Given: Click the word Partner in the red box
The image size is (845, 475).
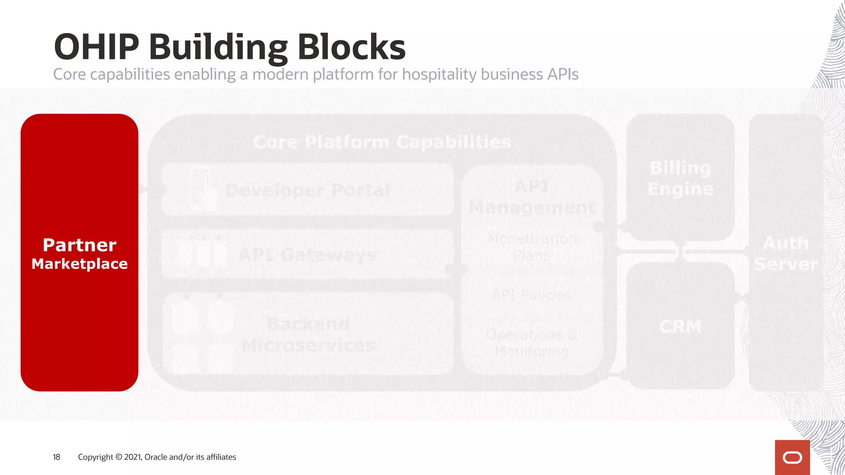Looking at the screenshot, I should pos(80,245).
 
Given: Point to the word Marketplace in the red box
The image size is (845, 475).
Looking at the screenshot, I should pos(80,264).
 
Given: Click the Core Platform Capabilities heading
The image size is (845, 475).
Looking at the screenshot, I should pos(382,142).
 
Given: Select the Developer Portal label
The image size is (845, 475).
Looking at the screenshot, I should pos(307,190).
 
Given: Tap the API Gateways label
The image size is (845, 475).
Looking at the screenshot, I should pos(307,255).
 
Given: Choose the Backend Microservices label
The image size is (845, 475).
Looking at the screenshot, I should pos(308,334).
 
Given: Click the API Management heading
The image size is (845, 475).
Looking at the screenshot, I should pos(532,197).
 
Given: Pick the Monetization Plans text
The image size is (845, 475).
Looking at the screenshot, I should pos(532,247).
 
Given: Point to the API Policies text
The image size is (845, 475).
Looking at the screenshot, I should pos(532,295).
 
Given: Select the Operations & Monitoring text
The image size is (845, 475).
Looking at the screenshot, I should pos(532,343).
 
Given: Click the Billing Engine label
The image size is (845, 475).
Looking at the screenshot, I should pos(680,178).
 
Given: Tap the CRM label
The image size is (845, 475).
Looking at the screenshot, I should pos(680,327).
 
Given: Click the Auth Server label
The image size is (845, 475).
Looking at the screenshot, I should pos(786,253).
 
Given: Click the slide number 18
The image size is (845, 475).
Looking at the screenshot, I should pos(57,457).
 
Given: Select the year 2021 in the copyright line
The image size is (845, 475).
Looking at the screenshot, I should pos(132,457).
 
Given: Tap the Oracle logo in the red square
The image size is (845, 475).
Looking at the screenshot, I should pos(792,458).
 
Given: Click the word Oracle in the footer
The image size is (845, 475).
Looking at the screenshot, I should pos(156,457).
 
